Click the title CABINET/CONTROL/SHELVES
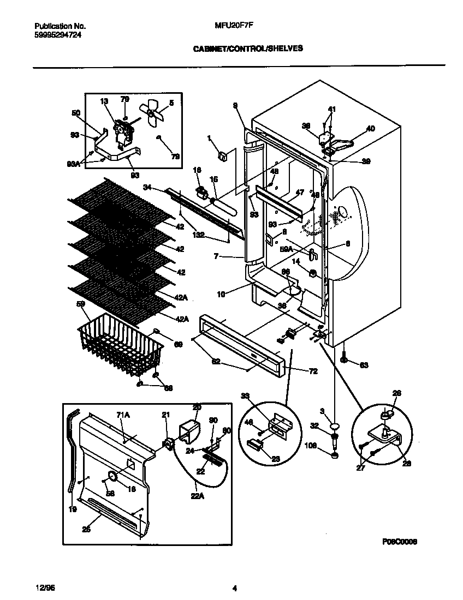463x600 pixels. (x=248, y=49)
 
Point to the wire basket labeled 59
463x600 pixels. (x=120, y=349)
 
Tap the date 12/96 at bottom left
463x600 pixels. (x=41, y=588)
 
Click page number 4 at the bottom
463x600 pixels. (x=234, y=588)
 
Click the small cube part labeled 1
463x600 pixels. (x=222, y=157)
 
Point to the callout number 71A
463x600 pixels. (x=123, y=415)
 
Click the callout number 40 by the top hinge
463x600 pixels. (x=371, y=129)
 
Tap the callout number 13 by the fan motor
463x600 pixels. (x=104, y=101)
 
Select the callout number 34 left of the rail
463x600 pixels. (x=147, y=188)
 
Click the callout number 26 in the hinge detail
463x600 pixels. (x=397, y=393)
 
